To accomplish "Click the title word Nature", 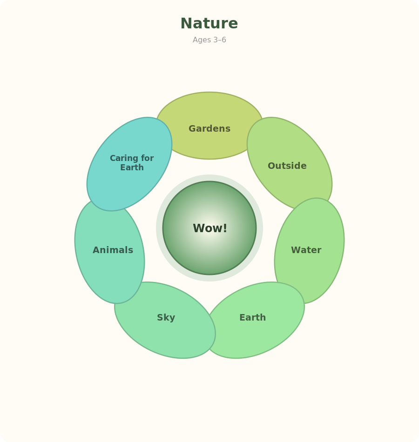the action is point(209,23).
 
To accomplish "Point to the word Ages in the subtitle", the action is point(202,40).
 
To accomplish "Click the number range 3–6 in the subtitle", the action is point(220,40).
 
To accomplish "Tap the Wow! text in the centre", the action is point(210,228).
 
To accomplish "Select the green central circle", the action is point(209,228).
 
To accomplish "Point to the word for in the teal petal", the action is point(148,158).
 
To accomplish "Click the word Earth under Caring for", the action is point(132,167).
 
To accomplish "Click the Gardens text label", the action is point(209,128).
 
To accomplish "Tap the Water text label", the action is point(306,250).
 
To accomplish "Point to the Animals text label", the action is point(113,250).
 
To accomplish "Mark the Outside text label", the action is point(287,166).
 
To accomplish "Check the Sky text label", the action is point(166,318).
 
